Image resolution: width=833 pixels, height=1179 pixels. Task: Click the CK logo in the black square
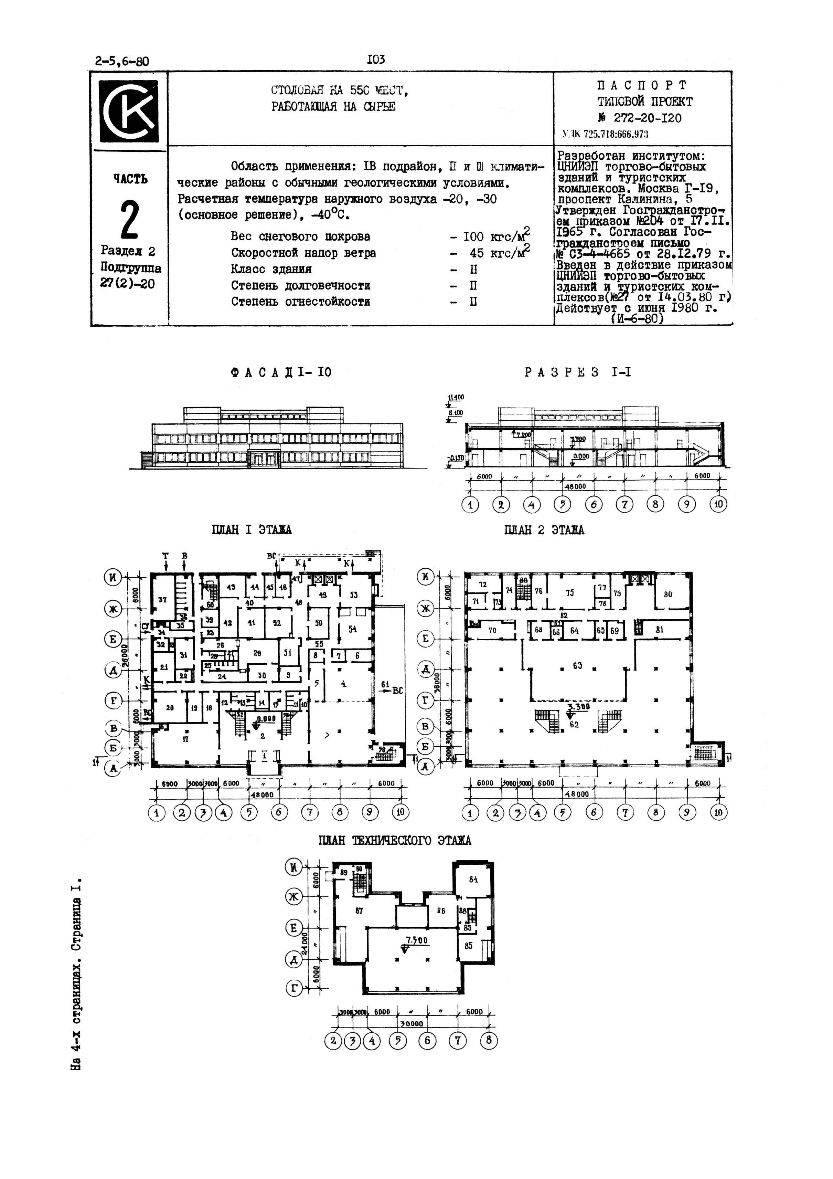(x=129, y=108)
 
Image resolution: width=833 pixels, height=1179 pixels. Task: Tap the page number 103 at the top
(x=376, y=60)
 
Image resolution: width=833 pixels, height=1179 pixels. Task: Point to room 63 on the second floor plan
(x=577, y=666)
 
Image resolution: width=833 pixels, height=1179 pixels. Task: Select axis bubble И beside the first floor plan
(x=113, y=577)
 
